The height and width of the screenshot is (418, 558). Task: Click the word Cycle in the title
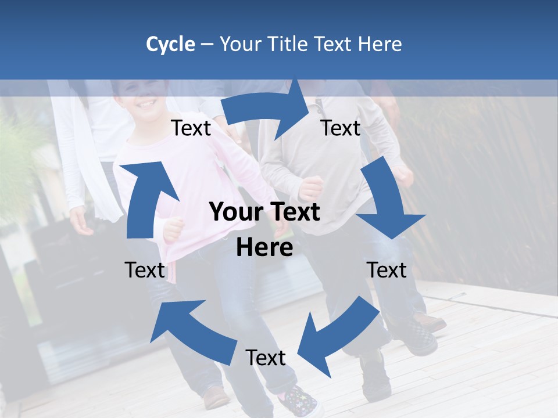pyautogui.click(x=170, y=44)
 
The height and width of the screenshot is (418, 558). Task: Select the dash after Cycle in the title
pyautogui.click(x=207, y=45)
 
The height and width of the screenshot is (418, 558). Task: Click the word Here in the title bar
pyautogui.click(x=379, y=44)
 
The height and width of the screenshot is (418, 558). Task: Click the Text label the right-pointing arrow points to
pyautogui.click(x=341, y=128)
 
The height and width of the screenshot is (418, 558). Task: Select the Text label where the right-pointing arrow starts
pyautogui.click(x=191, y=128)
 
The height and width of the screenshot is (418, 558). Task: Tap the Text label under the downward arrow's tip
pyautogui.click(x=387, y=270)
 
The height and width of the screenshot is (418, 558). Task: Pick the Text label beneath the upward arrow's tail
pyautogui.click(x=145, y=270)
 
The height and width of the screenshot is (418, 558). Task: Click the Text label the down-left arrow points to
pyautogui.click(x=266, y=358)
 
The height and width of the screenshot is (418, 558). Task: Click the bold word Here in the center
pyautogui.click(x=264, y=247)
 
